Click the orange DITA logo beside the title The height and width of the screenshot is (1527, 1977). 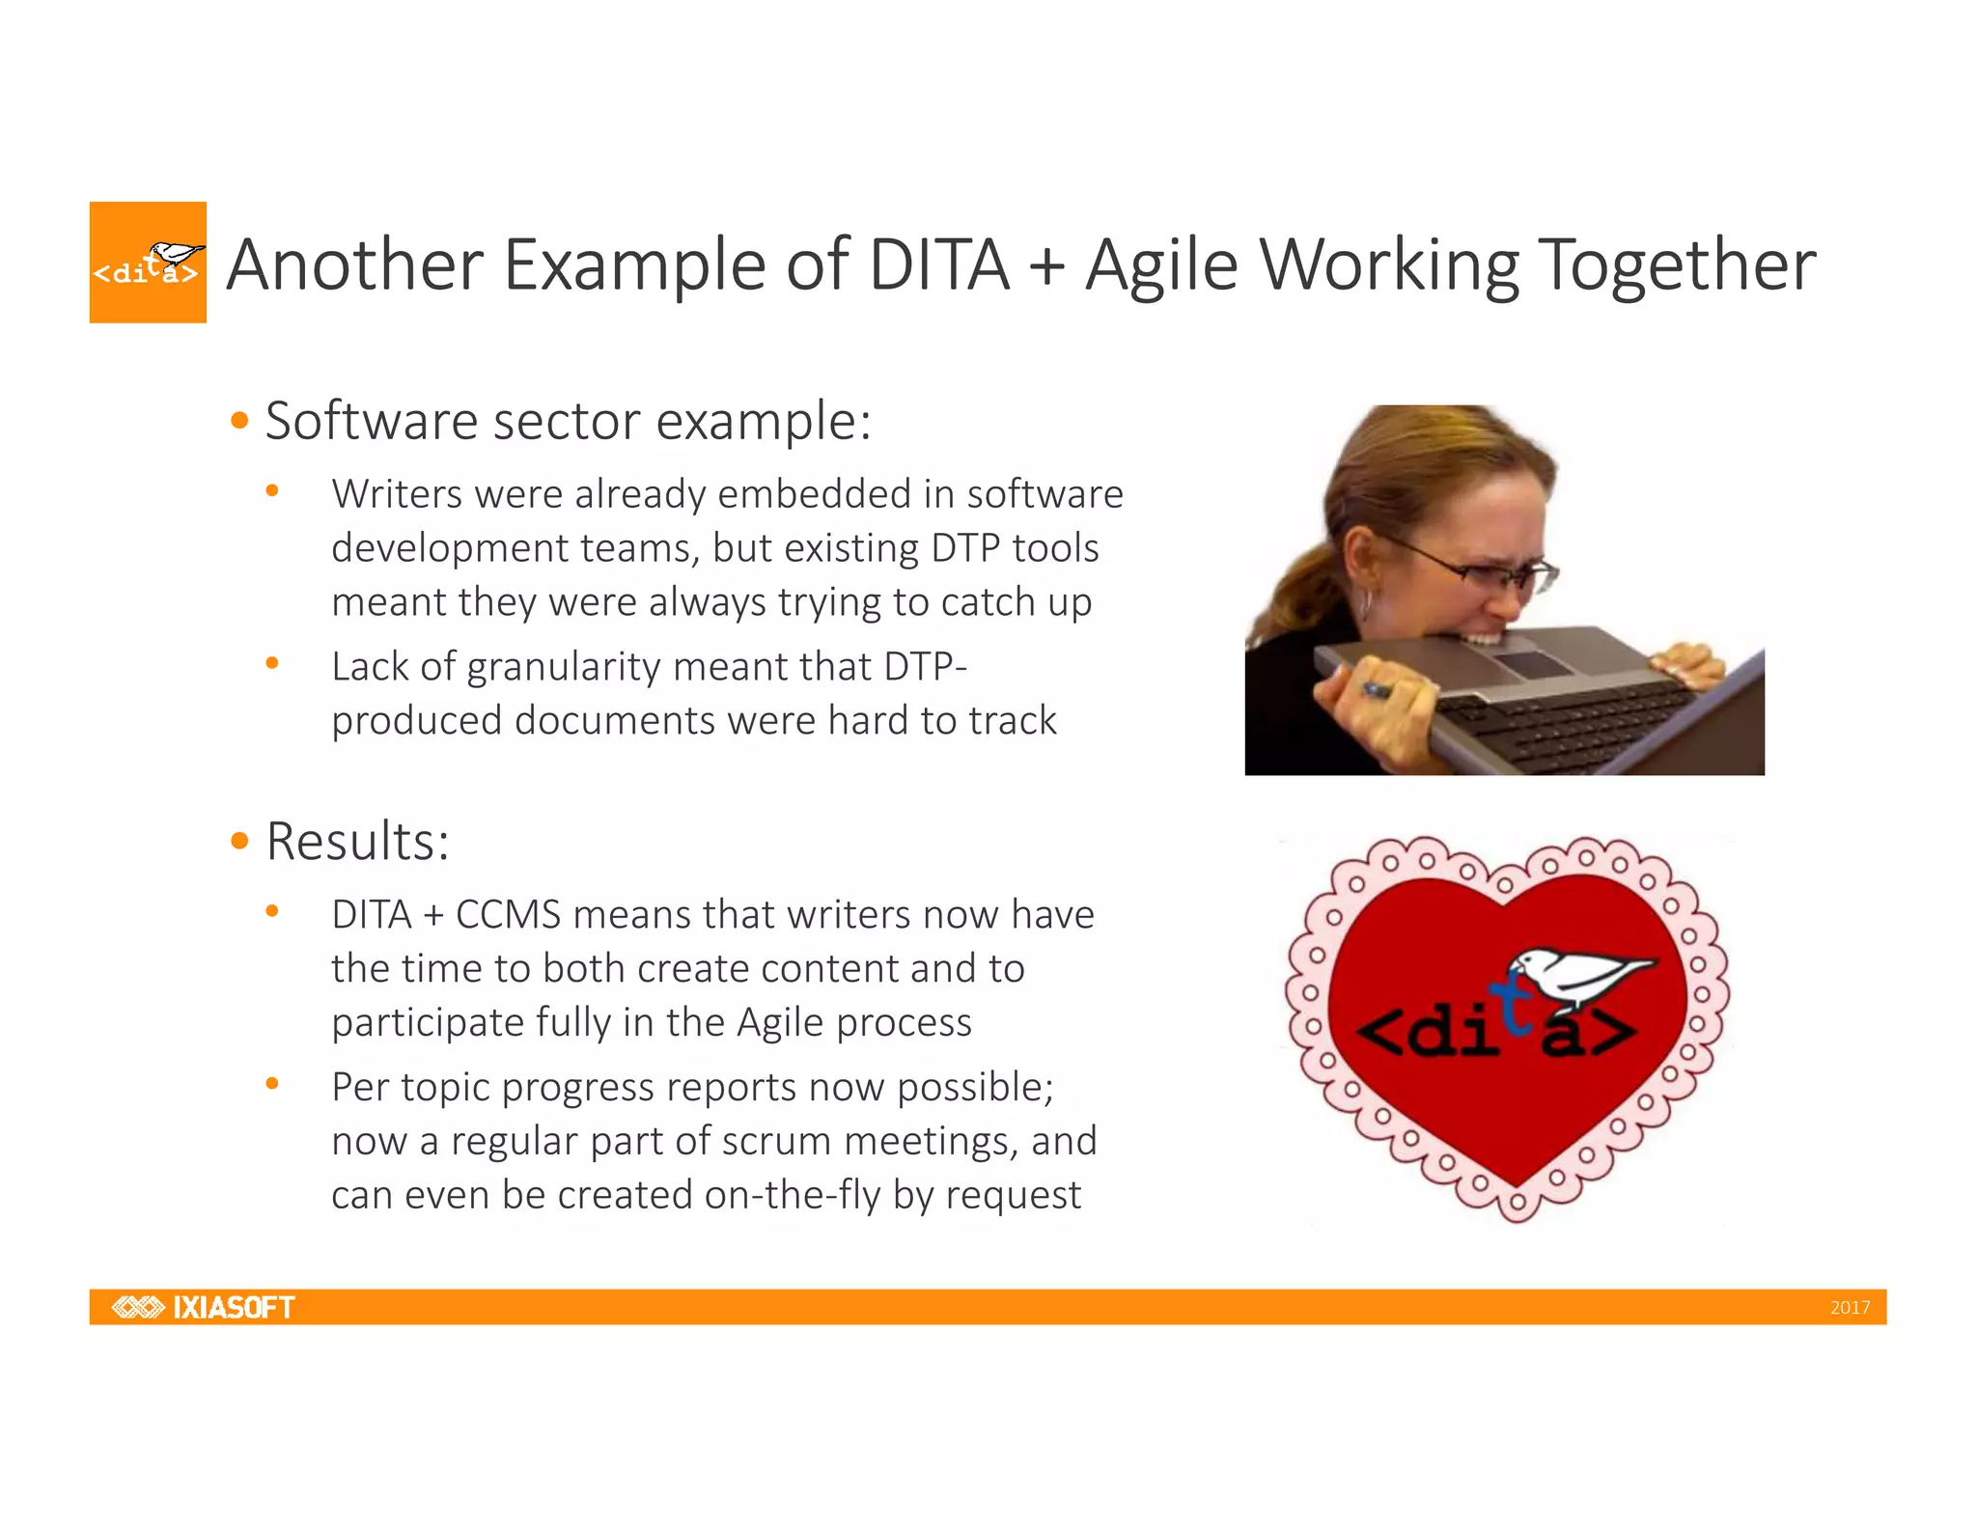[x=148, y=262]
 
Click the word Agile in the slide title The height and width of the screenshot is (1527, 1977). [x=1161, y=265]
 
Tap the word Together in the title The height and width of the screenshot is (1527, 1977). [x=1678, y=265]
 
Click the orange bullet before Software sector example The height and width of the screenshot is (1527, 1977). [x=240, y=421]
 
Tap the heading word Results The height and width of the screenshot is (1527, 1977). [x=356, y=841]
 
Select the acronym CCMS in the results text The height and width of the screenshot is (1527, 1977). [x=508, y=914]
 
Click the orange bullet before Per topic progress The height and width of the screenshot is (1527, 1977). [x=272, y=1084]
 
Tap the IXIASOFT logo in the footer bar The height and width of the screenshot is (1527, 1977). [x=204, y=1307]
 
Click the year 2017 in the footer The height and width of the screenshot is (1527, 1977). [x=1850, y=1308]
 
